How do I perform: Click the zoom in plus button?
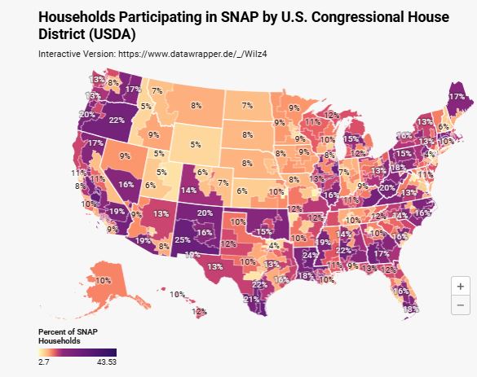(461, 287)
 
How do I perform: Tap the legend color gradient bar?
(77, 351)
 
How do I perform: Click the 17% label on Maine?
(456, 96)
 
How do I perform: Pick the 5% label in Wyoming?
(195, 144)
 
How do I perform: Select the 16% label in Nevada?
(126, 185)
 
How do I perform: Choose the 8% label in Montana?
(196, 105)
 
